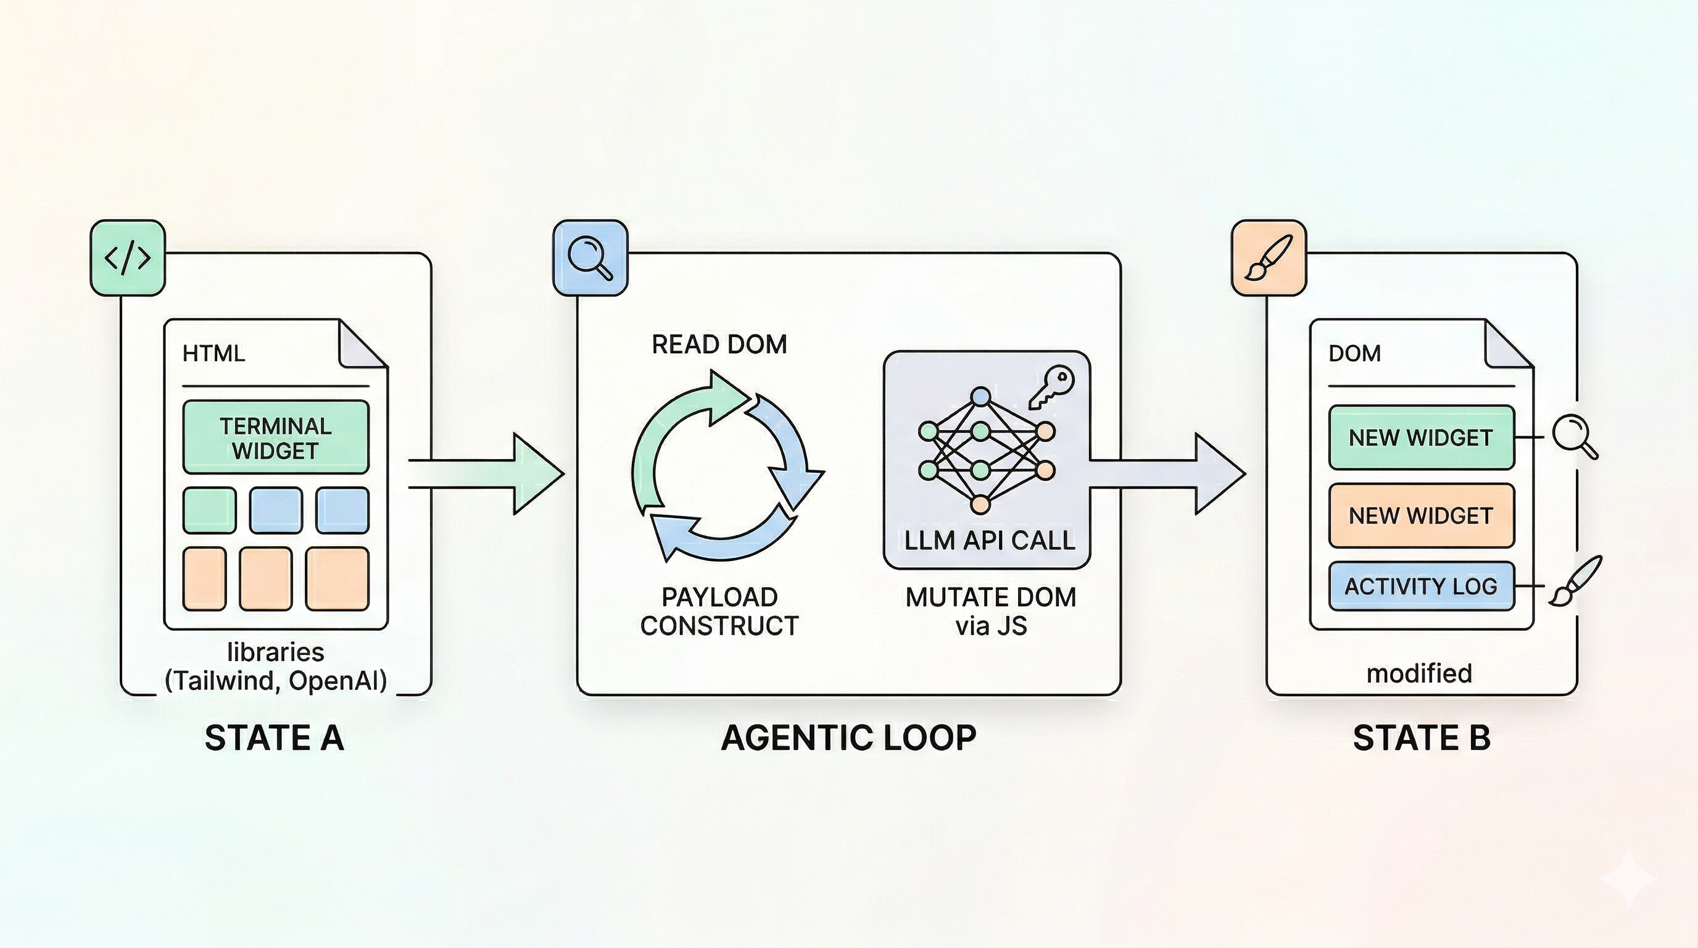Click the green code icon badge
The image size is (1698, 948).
[x=127, y=258]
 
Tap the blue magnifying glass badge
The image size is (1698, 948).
[x=590, y=258]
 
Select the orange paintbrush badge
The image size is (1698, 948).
[x=1269, y=258]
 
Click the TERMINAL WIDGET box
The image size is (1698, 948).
[x=276, y=438]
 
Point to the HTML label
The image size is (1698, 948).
[x=213, y=354]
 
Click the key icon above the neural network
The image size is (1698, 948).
[x=1052, y=387]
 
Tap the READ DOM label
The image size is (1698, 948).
[x=719, y=344]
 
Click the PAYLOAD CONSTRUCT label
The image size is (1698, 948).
[x=719, y=611]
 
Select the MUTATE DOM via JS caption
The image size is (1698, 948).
[x=991, y=611]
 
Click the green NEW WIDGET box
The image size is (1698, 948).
[x=1421, y=438]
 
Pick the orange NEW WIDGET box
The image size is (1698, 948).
[x=1421, y=515]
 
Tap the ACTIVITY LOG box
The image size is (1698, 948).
[x=1421, y=586]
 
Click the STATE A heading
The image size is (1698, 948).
[x=274, y=738]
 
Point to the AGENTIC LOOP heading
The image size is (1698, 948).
[x=848, y=738]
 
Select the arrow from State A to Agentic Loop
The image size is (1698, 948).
[x=488, y=473]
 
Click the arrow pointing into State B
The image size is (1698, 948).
[x=1167, y=473]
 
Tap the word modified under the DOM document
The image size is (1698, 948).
[x=1419, y=674]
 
